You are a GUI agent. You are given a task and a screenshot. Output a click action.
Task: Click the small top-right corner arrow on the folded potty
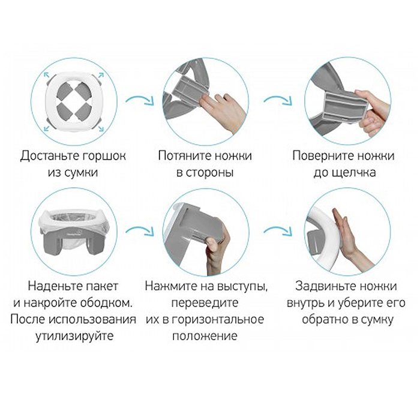tap(100, 74)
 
